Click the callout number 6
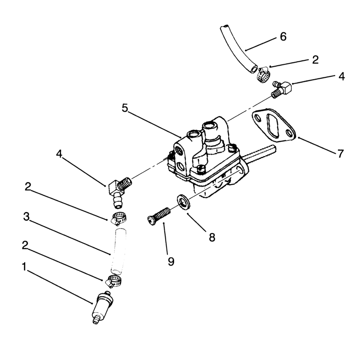[283, 36]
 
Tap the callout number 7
[341, 153]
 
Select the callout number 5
[125, 108]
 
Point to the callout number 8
[212, 237]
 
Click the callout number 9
[171, 261]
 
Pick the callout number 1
[24, 267]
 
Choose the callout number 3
[27, 216]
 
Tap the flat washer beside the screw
[183, 202]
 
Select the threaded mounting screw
[158, 216]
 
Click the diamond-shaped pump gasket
[273, 125]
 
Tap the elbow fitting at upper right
[282, 89]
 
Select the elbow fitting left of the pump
[120, 193]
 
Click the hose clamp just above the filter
[114, 281]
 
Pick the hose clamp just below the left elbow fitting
[119, 218]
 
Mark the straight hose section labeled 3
[118, 251]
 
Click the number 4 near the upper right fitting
[342, 76]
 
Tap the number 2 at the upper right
[316, 60]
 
